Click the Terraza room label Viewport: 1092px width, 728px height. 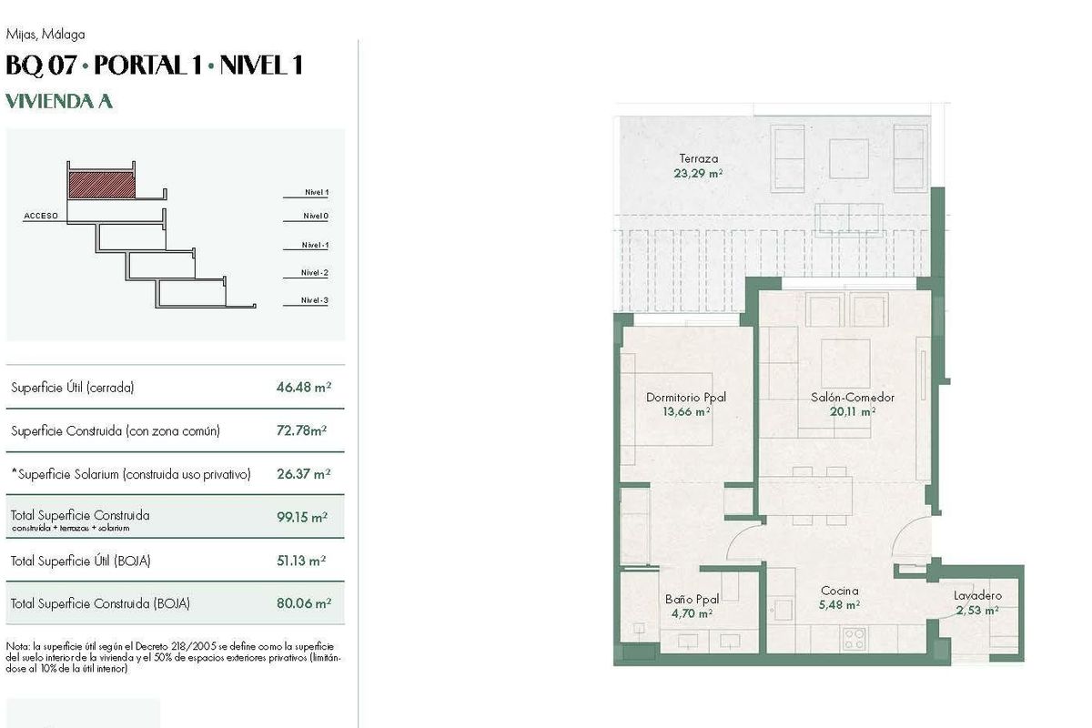(x=698, y=158)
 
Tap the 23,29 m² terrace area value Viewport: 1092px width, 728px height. (x=698, y=172)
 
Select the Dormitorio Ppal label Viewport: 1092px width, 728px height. (x=686, y=397)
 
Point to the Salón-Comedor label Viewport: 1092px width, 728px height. (x=853, y=397)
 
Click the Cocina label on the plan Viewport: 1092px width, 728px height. (x=839, y=591)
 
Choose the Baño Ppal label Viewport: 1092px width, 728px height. (x=692, y=599)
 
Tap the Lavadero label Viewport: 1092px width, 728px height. (x=977, y=595)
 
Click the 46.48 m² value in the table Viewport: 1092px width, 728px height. (x=303, y=387)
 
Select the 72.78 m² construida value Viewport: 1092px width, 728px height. (x=301, y=430)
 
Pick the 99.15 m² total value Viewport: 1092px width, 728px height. (x=302, y=517)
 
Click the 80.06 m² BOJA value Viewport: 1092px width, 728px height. (x=303, y=602)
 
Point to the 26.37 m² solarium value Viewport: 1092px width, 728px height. (x=303, y=473)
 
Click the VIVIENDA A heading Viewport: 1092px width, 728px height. (x=59, y=101)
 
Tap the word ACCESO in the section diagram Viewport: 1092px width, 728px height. (x=41, y=217)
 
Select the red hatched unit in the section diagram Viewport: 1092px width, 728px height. (x=102, y=185)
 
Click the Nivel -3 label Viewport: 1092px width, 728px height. (x=315, y=301)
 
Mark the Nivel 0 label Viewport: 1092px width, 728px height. (x=316, y=216)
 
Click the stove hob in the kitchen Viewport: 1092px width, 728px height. (x=854, y=638)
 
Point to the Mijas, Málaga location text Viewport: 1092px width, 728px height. (x=45, y=35)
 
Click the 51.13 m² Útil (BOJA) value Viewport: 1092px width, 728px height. (x=302, y=561)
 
